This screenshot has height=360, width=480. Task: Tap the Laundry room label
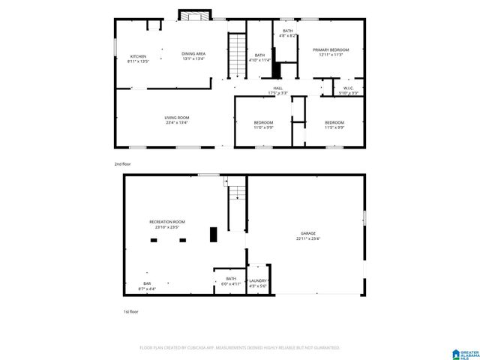(258, 283)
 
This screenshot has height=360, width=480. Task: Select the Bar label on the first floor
(147, 286)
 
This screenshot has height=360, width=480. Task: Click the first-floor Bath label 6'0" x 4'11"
(230, 280)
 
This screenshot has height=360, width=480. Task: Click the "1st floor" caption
(131, 311)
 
